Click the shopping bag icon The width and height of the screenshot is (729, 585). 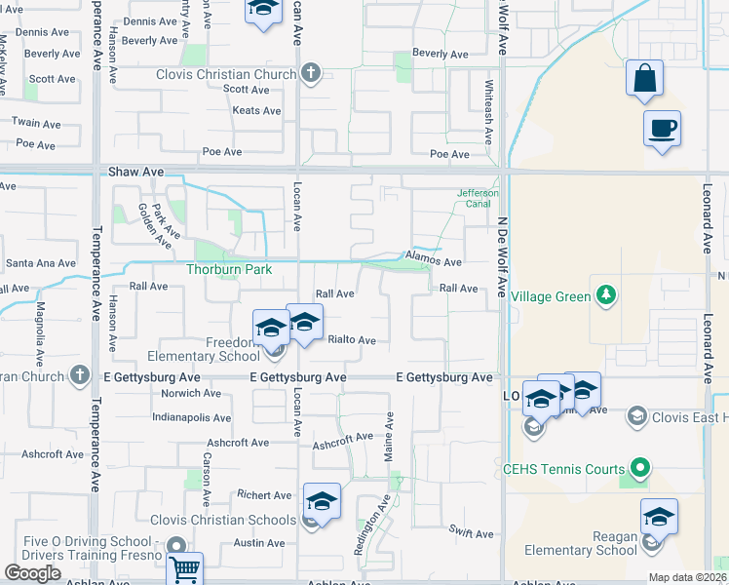tap(644, 79)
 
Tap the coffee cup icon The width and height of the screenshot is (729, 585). tap(662, 129)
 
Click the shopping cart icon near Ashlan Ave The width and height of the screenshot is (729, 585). tap(184, 568)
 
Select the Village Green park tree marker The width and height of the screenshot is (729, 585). tap(606, 295)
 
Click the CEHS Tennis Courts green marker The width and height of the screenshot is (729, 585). tap(639, 469)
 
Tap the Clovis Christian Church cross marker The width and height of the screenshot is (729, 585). tap(311, 74)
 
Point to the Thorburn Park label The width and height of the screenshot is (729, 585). tap(229, 269)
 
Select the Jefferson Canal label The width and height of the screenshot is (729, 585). tap(478, 199)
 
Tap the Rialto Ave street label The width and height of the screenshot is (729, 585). tap(352, 340)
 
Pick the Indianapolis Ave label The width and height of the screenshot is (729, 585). tap(191, 417)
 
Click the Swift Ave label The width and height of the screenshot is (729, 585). tap(472, 533)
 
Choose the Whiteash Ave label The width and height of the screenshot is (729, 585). tap(488, 94)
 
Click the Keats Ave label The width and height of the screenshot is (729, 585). tap(256, 111)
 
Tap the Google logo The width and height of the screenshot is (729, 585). tap(33, 572)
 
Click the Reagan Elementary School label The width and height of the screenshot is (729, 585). tap(581, 543)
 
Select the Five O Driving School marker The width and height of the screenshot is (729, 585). tap(176, 546)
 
